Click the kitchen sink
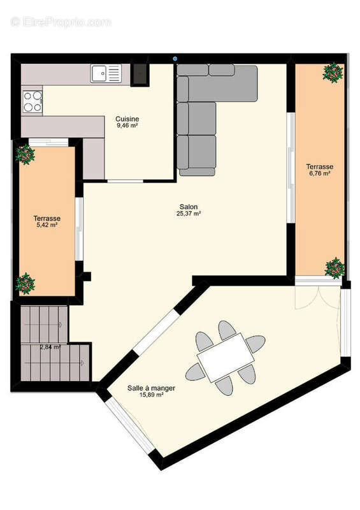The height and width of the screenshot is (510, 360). coord(106,74)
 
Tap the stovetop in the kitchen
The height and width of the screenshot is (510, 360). coord(32,100)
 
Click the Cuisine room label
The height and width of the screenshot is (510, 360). coord(127,119)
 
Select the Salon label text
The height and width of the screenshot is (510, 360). coord(188,207)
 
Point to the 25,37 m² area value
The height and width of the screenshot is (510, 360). coord(189,214)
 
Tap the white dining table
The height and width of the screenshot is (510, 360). coord(224,358)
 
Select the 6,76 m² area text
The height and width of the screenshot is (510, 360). coord(319,173)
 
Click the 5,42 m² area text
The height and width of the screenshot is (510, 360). coord(46,225)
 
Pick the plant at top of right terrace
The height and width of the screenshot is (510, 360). coord(332,72)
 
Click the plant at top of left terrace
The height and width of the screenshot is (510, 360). coord(25,154)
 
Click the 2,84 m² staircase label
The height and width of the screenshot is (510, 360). coord(50,347)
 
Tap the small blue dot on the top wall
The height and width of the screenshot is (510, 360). coord(175,59)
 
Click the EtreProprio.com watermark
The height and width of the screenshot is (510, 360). coord(61,22)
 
